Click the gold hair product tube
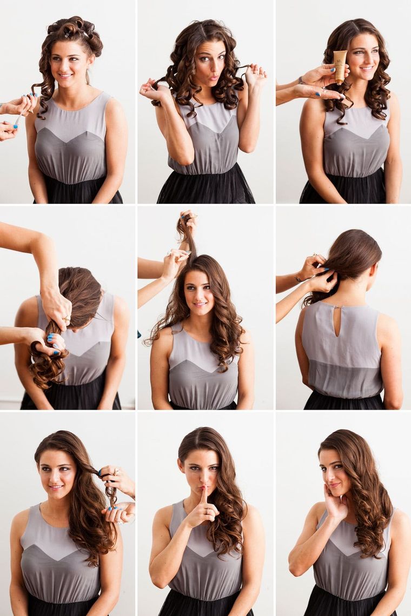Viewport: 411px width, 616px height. (x=340, y=66)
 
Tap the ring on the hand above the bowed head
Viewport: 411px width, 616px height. (x=67, y=320)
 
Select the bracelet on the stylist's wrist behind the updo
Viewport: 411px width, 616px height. (x=298, y=279)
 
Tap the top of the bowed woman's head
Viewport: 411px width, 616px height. (x=81, y=276)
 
